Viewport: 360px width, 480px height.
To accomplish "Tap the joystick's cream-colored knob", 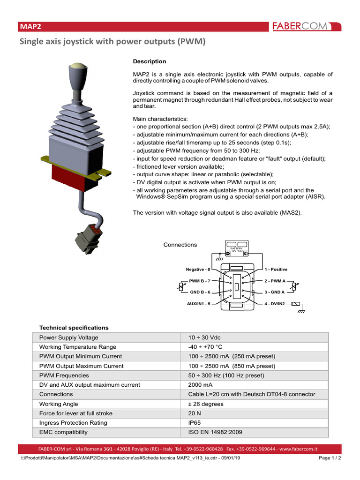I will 77,67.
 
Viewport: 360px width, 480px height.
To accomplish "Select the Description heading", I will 150,61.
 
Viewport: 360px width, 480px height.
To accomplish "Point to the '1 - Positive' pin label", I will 276,270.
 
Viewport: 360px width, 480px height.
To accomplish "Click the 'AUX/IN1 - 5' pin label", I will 198,304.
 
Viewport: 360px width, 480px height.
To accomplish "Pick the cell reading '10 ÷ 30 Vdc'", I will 204,337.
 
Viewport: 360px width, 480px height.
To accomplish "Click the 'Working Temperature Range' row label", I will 77,347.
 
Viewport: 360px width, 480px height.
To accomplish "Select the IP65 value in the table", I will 194,423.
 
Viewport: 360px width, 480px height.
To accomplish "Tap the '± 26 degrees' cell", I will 206,404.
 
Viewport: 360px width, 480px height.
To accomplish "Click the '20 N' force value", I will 194,413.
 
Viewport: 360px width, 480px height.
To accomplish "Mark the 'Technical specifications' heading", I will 74,328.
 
